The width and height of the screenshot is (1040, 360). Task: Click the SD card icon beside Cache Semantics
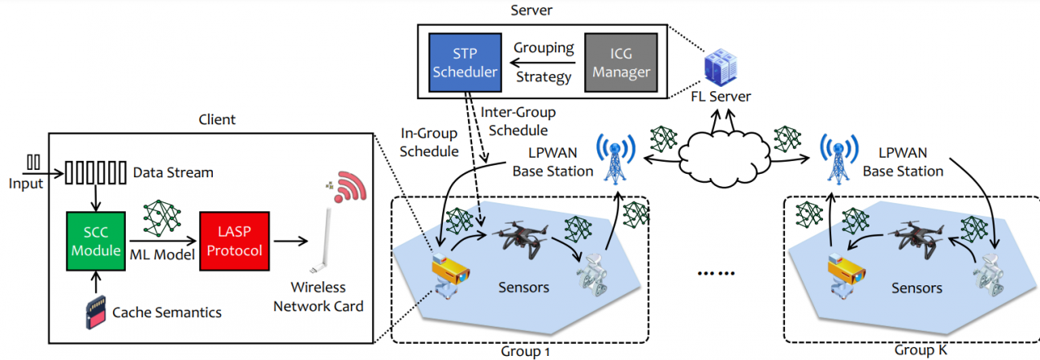click(x=96, y=314)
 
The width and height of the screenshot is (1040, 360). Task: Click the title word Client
click(x=217, y=119)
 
